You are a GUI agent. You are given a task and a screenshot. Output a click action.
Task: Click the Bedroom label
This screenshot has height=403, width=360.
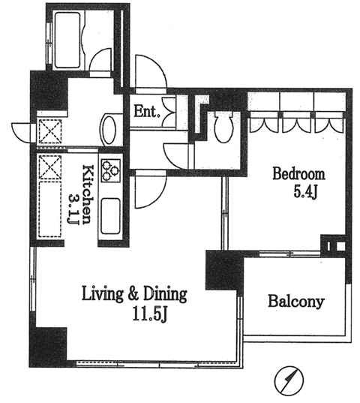coord(298,174)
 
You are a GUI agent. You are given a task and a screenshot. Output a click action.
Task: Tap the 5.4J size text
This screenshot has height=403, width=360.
coord(306,192)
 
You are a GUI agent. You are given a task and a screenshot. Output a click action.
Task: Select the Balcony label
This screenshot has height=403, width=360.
coord(296,302)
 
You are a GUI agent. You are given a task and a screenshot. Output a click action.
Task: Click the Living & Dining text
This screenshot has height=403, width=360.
coord(134,294)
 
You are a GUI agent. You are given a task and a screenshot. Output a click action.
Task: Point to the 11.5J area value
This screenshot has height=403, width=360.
coord(151,314)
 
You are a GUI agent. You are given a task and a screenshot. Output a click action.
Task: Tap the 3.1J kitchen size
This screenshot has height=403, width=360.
coord(73,209)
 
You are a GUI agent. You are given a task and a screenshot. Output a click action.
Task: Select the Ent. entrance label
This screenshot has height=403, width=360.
coord(147,112)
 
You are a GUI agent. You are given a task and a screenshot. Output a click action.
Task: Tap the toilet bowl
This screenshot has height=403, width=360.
coord(223,127)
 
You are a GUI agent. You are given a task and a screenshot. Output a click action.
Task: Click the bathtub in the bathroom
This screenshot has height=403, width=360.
coord(67,41)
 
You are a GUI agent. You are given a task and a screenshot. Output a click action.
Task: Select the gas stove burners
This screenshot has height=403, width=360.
coord(111,170)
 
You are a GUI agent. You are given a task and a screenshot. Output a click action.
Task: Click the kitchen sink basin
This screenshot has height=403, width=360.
coord(110,216)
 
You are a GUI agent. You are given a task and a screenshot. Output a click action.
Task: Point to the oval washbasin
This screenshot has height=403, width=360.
coord(109,130)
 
